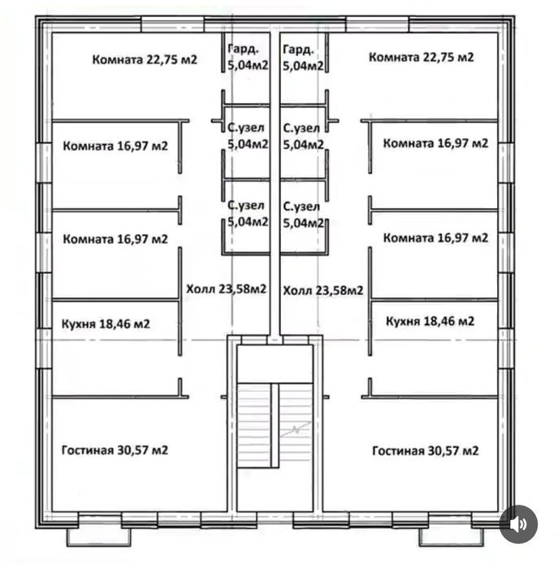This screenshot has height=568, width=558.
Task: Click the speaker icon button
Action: pos(518,524)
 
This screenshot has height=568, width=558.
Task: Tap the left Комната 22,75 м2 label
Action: pos(145,59)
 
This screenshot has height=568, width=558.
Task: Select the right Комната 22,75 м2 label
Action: pos(421,57)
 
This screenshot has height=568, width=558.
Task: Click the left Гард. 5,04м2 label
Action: pos(248,57)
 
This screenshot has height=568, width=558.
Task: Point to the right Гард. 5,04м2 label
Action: pos(303,58)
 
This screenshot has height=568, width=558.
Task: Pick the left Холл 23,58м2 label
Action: pos(227,288)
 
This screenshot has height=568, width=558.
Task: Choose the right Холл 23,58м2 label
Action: pos(323,290)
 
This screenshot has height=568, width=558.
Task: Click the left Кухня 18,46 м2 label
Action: pos(106,323)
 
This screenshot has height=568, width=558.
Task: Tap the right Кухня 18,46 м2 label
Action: pos(430,321)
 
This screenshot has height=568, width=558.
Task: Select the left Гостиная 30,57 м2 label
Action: pos(115,450)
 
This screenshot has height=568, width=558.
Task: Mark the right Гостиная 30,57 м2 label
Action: pos(426,451)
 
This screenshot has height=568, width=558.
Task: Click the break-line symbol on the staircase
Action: pos(296,429)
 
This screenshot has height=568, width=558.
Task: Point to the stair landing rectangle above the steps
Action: pos(275,364)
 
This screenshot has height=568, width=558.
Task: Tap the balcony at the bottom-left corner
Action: pos(99,537)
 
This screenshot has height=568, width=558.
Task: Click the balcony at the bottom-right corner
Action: pos(451,537)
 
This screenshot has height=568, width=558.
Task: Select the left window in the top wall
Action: pos(172,24)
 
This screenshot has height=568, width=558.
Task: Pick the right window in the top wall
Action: pos(378,24)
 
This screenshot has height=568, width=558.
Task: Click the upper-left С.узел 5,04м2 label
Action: pos(248,136)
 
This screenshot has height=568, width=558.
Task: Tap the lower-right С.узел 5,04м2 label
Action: pos(303,215)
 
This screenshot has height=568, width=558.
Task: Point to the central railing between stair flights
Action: pos(275,425)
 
